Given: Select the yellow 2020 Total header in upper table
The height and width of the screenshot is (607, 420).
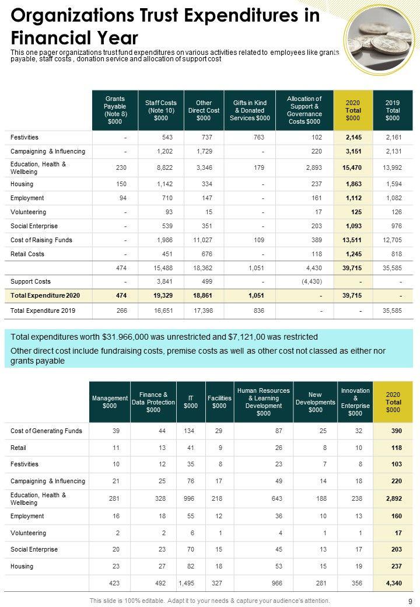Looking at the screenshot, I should [353, 110].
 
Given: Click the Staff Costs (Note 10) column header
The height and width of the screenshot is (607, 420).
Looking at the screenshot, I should [161, 110].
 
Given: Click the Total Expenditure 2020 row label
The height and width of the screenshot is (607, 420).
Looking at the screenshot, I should [45, 296].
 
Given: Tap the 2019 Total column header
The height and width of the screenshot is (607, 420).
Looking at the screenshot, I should [393, 110].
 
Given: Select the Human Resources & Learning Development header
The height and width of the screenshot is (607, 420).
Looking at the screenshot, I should [264, 402].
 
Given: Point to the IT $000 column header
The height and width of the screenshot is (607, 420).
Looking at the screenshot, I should [191, 402].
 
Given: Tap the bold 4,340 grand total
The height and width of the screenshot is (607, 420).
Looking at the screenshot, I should [393, 583].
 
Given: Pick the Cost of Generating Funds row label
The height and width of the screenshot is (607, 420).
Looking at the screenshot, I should [46, 431].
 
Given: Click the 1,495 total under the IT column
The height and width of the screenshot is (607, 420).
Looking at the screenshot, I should [188, 583].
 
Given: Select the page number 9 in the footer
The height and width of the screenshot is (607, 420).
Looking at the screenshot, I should [411, 601].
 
